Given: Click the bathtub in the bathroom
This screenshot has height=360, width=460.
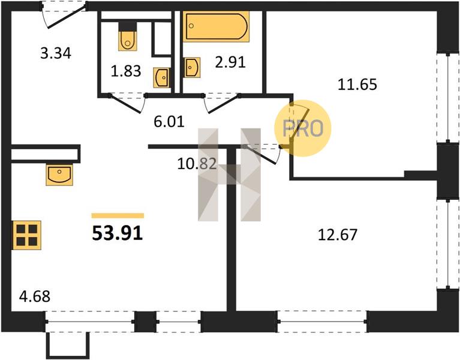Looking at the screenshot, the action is (217, 26).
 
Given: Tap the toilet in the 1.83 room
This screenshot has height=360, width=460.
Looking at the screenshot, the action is (128, 36).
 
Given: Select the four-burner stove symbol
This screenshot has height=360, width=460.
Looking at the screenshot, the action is (26, 235).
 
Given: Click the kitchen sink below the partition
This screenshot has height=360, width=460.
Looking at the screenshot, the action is (59, 175).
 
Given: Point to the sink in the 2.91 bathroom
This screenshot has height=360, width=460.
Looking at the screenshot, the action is (192, 67).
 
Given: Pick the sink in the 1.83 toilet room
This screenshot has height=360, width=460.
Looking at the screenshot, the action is (161, 77).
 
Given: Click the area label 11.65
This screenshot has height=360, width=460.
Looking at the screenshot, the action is (357, 85).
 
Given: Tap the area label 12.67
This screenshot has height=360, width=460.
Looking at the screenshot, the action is (338, 235).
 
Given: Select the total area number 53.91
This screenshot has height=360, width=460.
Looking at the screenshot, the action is (118, 233).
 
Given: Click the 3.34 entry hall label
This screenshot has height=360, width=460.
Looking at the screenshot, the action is (56, 53).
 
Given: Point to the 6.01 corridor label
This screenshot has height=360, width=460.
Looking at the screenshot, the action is (169, 121).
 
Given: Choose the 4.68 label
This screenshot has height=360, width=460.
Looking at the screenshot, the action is (35, 296).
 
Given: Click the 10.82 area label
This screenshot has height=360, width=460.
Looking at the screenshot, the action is (197, 164).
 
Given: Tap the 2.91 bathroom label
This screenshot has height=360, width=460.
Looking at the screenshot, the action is (230, 62).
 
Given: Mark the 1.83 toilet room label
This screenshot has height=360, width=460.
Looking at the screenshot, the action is (126, 71).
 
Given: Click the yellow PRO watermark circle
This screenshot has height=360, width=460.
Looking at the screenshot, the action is (303, 128).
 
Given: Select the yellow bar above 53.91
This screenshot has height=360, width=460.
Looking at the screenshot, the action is (118, 215).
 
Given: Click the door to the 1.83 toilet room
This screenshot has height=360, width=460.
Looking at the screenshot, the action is (128, 103).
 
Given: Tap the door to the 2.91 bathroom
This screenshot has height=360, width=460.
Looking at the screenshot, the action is (222, 103).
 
